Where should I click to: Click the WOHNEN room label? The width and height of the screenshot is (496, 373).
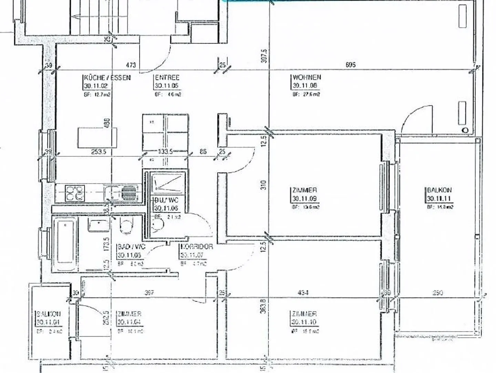pos(307,77)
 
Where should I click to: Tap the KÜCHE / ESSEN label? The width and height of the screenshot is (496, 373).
pos(107,78)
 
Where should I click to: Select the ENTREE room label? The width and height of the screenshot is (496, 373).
pos(167,78)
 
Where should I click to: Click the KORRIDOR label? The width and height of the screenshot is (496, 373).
pos(197,247)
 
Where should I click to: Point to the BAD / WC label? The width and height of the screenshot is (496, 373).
pos(131,247)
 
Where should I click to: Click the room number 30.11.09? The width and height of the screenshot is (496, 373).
pos(304,199)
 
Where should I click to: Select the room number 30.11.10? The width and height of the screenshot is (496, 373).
pos(304,322)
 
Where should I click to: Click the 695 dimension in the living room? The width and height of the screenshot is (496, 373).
pos(350,65)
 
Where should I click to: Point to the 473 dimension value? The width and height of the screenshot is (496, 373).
pos(131,65)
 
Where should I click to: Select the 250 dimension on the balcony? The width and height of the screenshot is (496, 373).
pos(437,293)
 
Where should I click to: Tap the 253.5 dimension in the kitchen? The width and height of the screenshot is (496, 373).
pos(99,151)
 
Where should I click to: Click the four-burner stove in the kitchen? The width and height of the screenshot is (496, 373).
pos(75,193)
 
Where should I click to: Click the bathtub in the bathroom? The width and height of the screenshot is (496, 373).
pos(65,243)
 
